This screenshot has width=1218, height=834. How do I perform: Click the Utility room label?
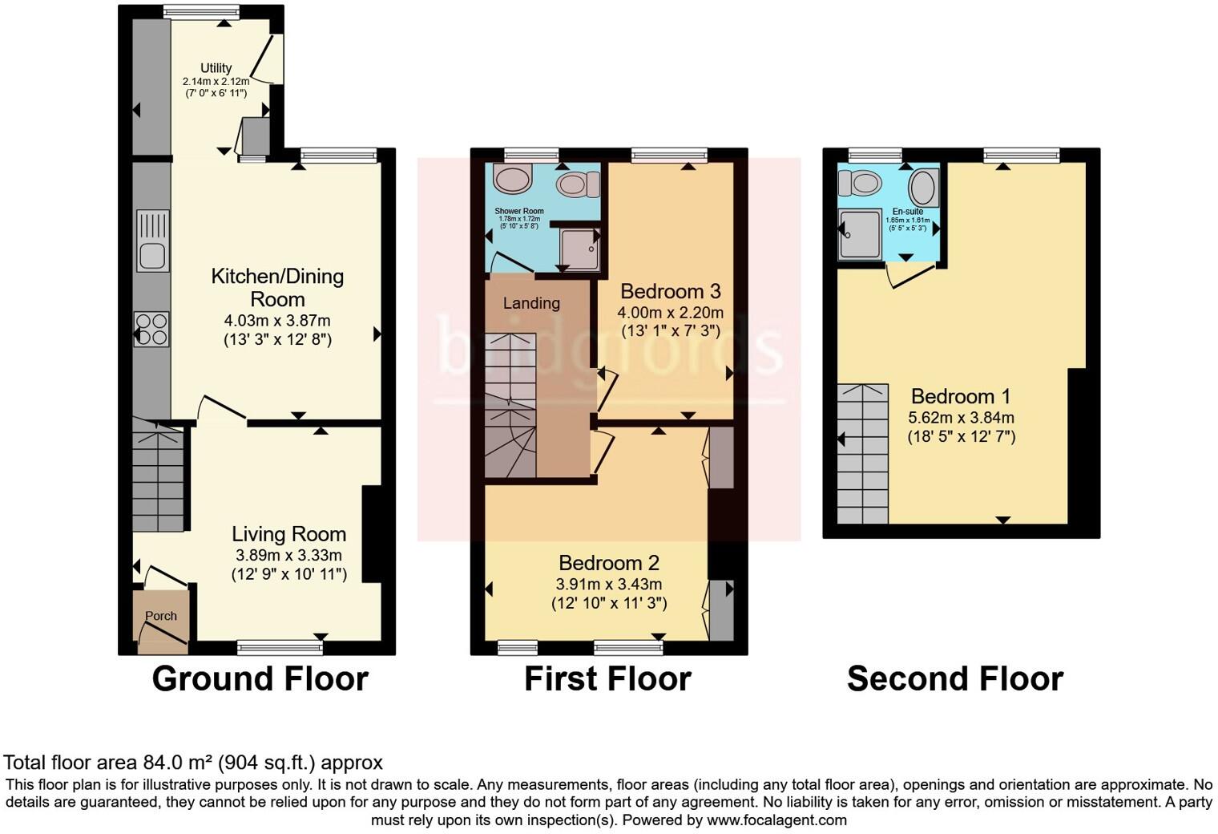click(216, 68)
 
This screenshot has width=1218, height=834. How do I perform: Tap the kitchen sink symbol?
click(152, 241)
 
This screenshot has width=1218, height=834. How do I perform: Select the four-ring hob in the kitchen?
click(151, 329)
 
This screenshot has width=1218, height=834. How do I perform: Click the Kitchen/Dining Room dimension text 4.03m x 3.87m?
click(277, 321)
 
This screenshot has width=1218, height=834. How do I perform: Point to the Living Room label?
click(288, 534)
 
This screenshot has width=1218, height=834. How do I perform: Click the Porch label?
click(161, 616)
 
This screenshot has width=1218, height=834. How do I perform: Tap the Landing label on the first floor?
click(531, 303)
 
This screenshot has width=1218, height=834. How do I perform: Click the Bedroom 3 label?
click(670, 290)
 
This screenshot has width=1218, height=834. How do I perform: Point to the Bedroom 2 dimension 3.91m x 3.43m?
click(609, 585)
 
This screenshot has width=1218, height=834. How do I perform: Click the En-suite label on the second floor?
click(907, 212)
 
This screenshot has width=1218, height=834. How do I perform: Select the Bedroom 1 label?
click(961, 396)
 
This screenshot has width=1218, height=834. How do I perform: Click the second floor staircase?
click(863, 454)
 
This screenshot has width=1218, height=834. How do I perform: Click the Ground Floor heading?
click(260, 679)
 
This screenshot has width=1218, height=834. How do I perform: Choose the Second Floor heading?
click(954, 679)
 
